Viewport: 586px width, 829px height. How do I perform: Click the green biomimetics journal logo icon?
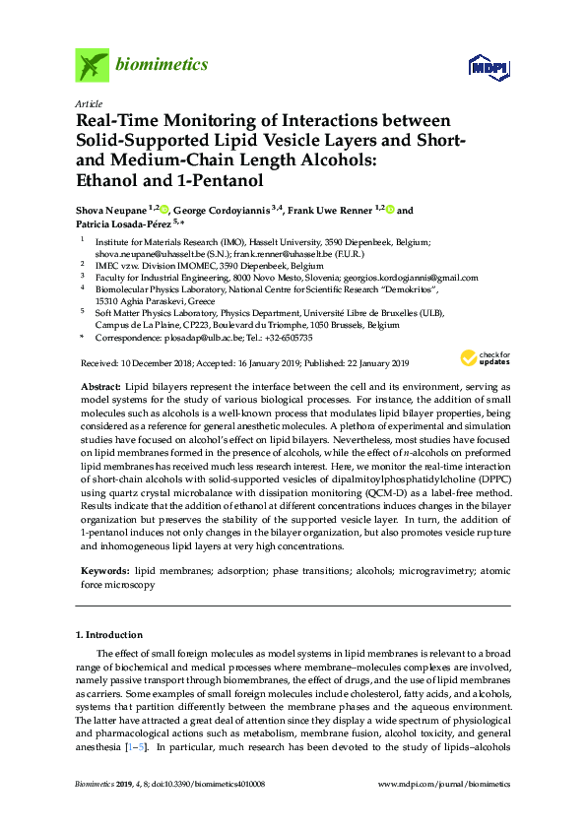[92, 65]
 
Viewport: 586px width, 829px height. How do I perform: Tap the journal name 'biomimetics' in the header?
[163, 65]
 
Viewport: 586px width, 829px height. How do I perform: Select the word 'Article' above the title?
[89, 103]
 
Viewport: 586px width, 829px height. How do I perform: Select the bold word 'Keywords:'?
[104, 571]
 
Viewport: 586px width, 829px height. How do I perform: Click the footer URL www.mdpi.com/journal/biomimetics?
[444, 784]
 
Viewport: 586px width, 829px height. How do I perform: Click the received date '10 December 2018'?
[148, 364]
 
